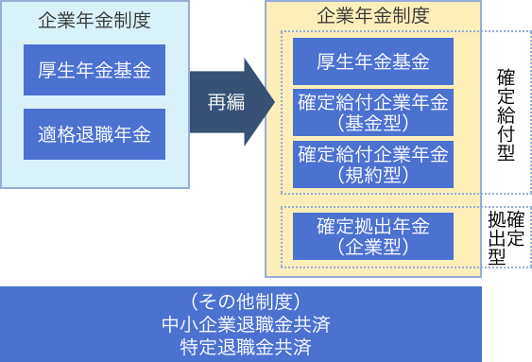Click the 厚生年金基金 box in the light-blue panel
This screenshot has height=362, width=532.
(x=95, y=69)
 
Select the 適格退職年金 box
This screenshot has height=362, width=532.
(x=95, y=133)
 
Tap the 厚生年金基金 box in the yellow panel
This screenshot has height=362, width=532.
(x=373, y=63)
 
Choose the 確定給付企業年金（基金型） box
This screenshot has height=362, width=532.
(x=373, y=112)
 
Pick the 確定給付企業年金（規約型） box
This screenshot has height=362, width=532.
(x=373, y=164)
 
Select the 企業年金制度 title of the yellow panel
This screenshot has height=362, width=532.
(x=374, y=15)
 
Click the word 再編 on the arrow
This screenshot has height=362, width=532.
(x=225, y=102)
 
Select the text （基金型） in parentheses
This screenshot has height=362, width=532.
(x=373, y=123)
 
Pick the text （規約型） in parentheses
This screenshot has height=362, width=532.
(x=373, y=175)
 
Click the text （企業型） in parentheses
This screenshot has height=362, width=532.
(x=373, y=247)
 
